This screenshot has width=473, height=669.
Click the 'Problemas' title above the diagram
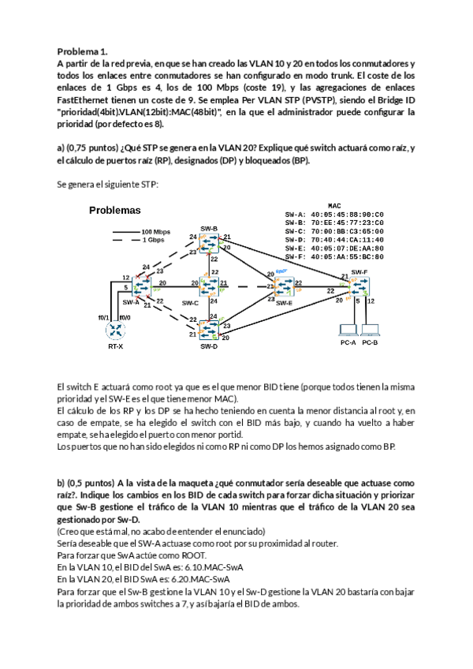coord(114,211)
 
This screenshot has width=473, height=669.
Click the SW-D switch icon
coord(209,330)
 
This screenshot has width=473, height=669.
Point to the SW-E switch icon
coord(285,286)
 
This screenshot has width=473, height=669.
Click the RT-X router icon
coord(116,331)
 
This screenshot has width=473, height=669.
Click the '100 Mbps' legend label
coord(156,232)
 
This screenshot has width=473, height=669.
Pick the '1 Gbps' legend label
coord(153,240)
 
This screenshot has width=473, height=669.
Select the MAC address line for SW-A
coord(333,214)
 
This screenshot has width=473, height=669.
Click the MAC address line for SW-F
coord(333,256)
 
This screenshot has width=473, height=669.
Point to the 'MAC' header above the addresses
coord(333,205)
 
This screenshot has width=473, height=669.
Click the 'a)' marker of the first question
coord(61,149)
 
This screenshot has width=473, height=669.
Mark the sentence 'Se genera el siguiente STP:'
coord(108,184)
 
